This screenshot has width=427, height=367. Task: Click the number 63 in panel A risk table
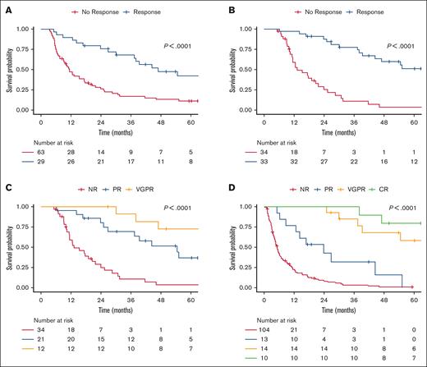click(x=40, y=151)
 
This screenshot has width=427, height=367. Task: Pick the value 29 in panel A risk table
click(x=40, y=163)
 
